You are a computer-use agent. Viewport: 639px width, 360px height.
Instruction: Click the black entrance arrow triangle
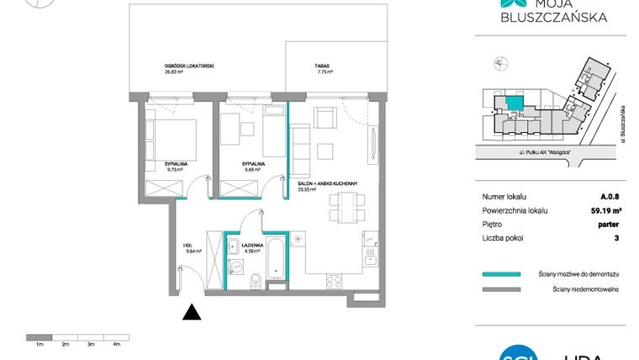click(x=193, y=312)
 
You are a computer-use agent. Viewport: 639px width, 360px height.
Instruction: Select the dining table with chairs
click(x=346, y=205)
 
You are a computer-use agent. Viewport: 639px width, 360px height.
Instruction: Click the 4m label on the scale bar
click(x=117, y=345)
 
